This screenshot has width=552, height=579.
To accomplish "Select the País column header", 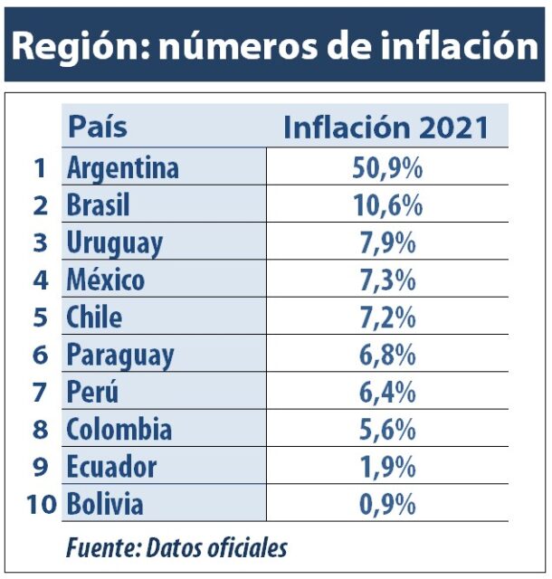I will coord(98,127).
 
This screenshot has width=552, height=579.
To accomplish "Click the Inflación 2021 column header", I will coord(386,128).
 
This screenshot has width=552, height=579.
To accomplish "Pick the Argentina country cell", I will coord(122,168).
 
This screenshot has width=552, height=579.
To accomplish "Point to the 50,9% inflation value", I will coord(387,168).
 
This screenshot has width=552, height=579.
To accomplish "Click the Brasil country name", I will coord(98,205).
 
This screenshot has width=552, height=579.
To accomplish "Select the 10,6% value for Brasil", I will coord(387,205).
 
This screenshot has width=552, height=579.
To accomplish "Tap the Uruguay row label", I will coord(114,243).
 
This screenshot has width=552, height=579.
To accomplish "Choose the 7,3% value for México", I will coord(387,280).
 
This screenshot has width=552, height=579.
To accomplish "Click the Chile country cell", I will coord(93,318).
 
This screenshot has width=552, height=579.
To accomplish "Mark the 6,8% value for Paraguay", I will coord(387,355).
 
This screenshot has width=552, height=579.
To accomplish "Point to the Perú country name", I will coord(92,393).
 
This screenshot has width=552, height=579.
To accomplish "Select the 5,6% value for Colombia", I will coord(387,430).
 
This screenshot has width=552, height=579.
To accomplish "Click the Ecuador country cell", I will coord(110,467).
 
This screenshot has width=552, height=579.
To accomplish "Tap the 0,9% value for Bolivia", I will coord(387,504).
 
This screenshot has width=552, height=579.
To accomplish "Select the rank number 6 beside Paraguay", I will coord(40,355).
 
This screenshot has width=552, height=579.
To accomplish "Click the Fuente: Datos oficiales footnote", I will coord(176,547).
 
